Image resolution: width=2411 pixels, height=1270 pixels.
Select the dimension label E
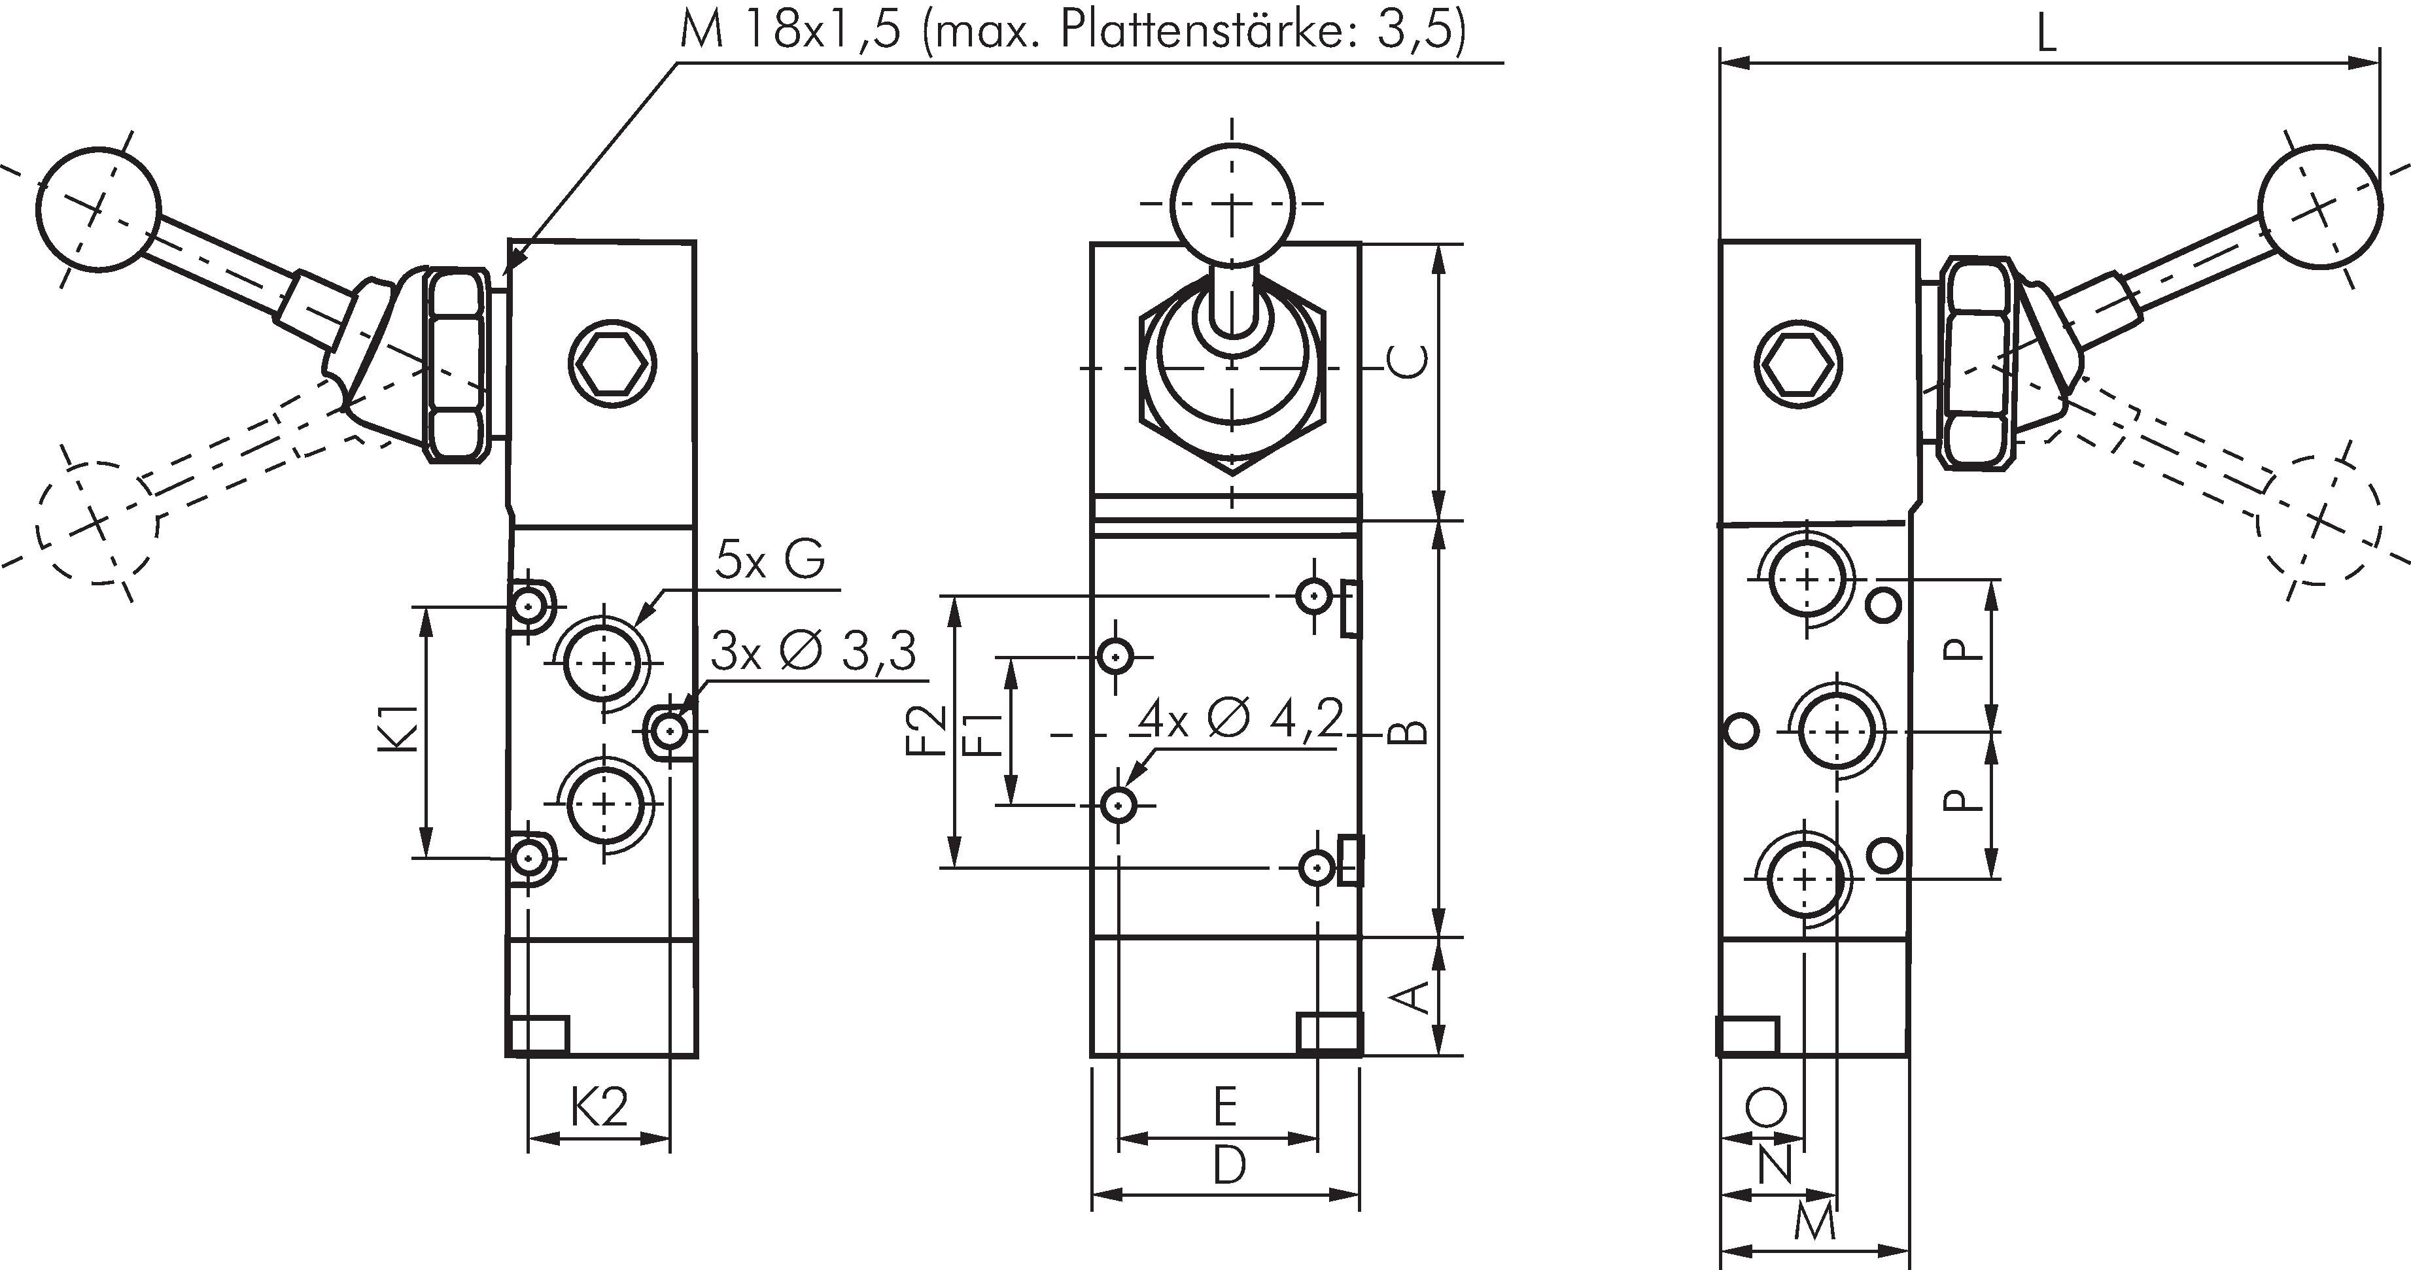pyautogui.click(x=1225, y=1108)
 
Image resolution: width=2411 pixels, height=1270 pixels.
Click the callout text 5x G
pyautogui.click(x=769, y=560)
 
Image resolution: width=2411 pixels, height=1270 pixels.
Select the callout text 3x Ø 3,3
pyautogui.click(x=812, y=651)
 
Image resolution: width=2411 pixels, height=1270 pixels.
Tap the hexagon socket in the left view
pyautogui.click(x=613, y=365)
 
